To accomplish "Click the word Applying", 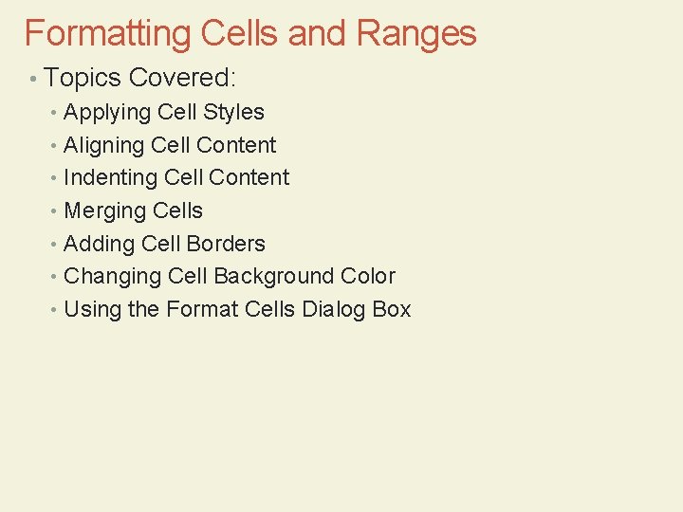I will (x=107, y=113).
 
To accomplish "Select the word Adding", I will (x=99, y=244).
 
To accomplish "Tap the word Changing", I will (x=112, y=277).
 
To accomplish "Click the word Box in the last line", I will (x=392, y=309).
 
